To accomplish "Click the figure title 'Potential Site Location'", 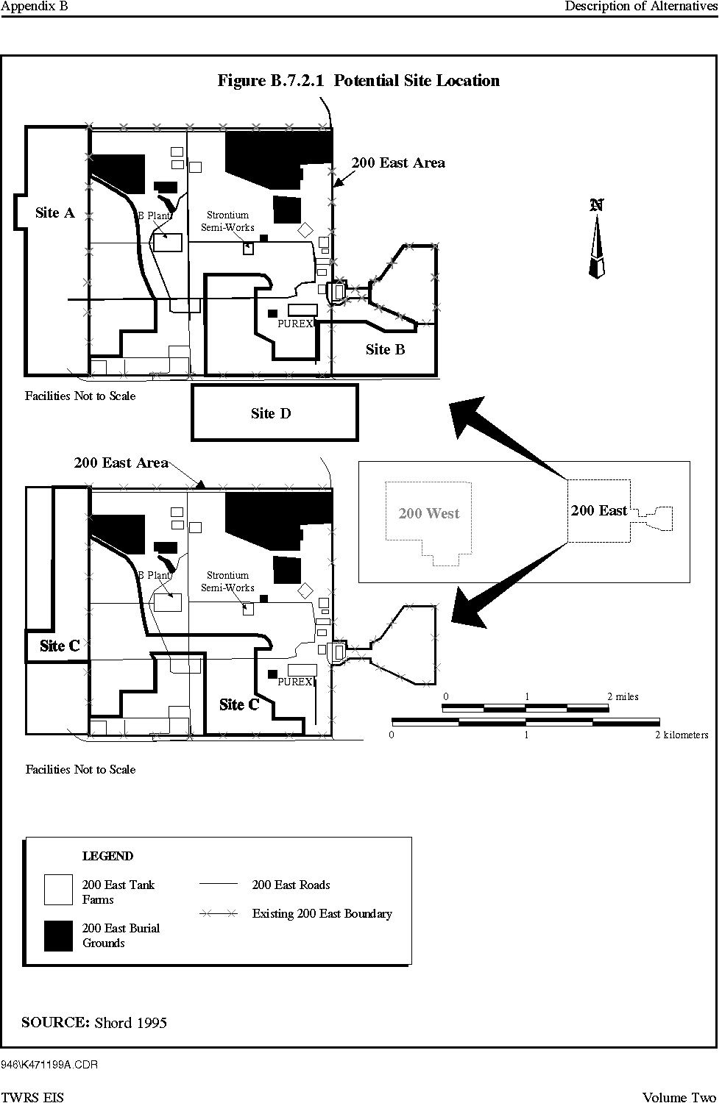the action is (x=417, y=80).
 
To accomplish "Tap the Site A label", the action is (x=54, y=213).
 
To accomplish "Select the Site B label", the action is (x=386, y=349).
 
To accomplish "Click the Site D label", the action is (x=271, y=413).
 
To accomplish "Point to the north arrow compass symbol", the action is (x=597, y=239).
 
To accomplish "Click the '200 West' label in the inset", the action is (x=429, y=513).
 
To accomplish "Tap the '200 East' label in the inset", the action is (x=599, y=510).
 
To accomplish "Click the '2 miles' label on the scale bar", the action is (x=623, y=696).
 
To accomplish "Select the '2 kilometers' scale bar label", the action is (x=682, y=735).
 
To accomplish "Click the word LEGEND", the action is (x=107, y=856).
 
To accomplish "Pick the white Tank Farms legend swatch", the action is (x=58, y=890).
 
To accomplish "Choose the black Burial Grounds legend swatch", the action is (x=58, y=935).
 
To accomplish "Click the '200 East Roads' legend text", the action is (x=291, y=885).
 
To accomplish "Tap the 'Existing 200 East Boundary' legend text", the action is (x=322, y=914).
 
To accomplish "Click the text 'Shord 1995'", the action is (x=130, y=1023).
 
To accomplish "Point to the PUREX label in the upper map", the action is (x=295, y=324).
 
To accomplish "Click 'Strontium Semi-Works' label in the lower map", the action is (x=227, y=581).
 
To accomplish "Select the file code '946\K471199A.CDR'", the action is (x=49, y=1065).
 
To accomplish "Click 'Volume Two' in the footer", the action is (x=679, y=1096).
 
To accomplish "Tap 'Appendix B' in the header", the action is (x=34, y=6).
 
